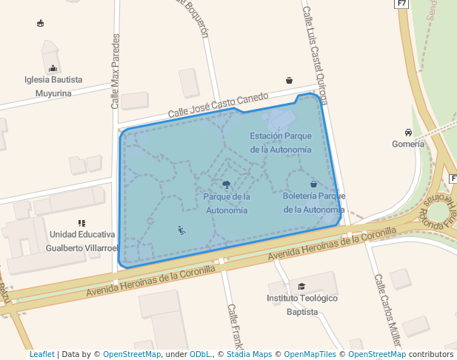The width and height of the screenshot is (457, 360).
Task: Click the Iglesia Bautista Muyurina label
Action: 53,86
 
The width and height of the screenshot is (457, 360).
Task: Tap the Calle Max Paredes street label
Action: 115,71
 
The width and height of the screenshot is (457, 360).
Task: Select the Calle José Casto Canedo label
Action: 217,105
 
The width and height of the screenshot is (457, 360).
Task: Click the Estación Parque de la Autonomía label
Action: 280,142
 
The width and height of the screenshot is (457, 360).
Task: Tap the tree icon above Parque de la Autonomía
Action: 226,184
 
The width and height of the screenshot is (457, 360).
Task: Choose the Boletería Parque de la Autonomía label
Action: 314,202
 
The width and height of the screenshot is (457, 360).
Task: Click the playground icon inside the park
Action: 181,230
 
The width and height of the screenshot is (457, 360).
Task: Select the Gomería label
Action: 408,144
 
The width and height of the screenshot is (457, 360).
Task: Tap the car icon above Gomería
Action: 408,131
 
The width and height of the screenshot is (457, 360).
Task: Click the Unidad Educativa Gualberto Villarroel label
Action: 82,241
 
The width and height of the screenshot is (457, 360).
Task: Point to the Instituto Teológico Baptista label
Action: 301,304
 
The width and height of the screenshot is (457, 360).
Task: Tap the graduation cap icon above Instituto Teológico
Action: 301,286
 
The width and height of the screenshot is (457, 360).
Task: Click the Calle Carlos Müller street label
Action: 387,310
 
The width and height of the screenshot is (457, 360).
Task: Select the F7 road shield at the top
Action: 401,4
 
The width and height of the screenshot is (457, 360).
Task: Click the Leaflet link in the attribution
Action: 41,354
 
